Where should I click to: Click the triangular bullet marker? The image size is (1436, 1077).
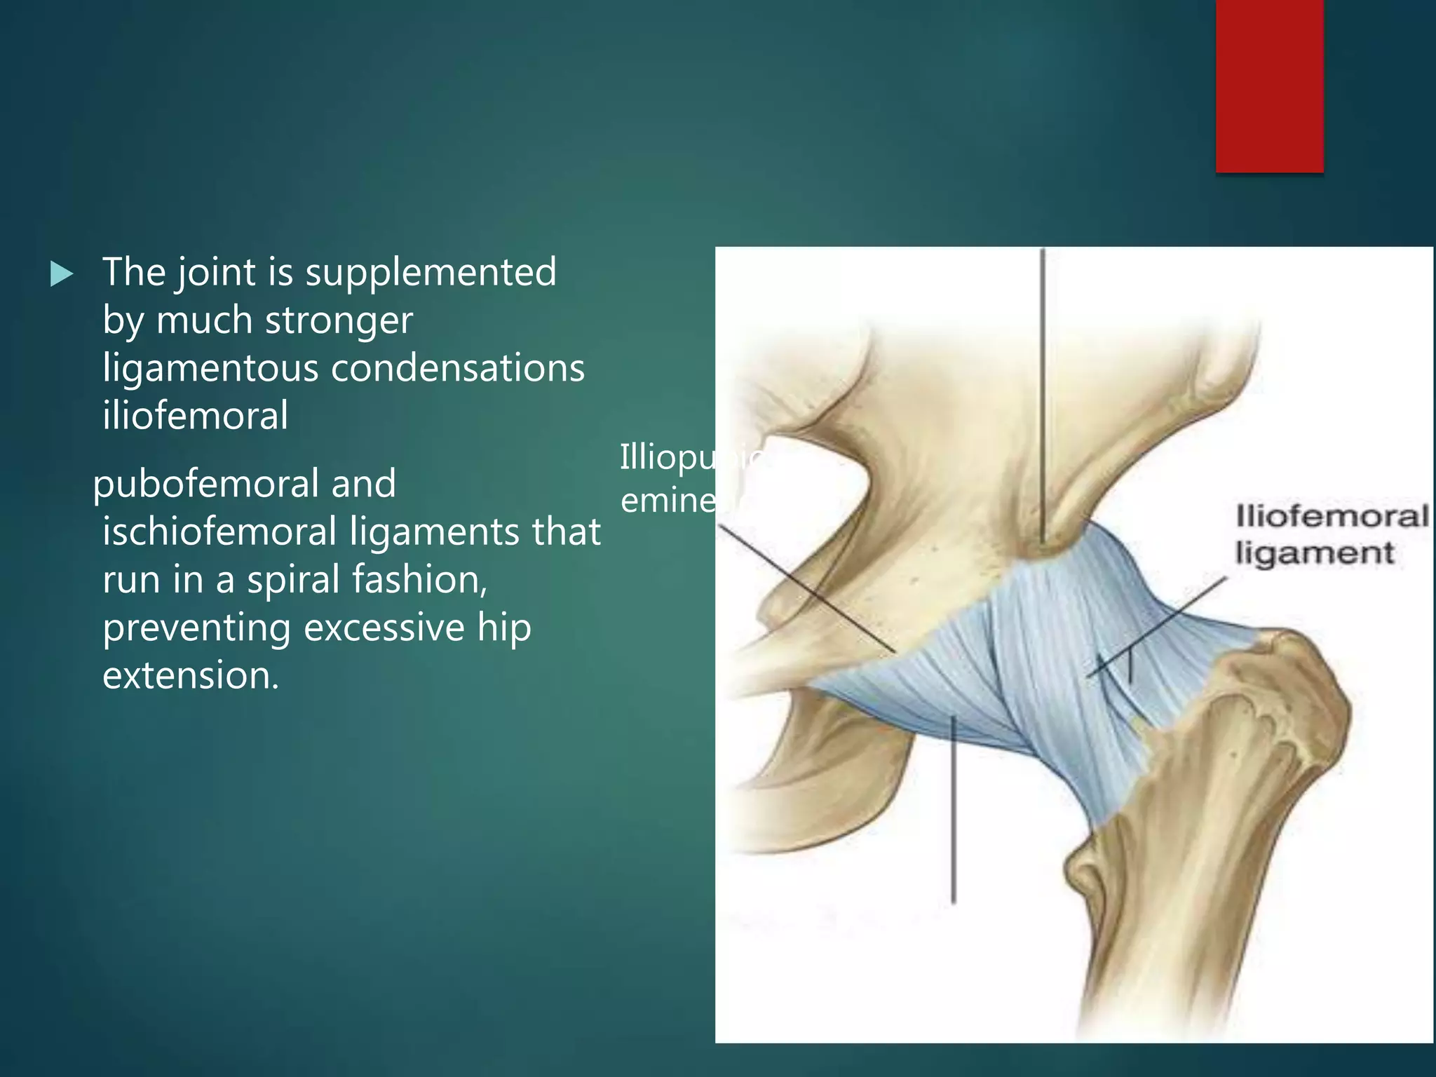tap(62, 274)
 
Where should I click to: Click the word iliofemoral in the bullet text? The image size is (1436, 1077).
tap(196, 415)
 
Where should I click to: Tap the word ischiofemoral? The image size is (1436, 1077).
tap(219, 531)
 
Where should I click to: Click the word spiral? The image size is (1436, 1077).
tap(292, 580)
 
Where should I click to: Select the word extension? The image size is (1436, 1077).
tap(190, 675)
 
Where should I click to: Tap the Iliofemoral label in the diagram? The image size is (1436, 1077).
tap(1332, 517)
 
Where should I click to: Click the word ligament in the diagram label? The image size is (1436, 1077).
tap(1314, 553)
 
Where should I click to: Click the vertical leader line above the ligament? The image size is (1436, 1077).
tap(1043, 393)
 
